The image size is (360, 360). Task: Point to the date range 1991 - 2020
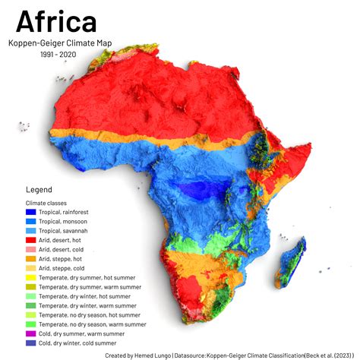[58, 55]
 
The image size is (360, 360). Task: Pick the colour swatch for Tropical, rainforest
[31, 212]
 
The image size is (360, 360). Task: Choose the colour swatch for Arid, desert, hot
[31, 240]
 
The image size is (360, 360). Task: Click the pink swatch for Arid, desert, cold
[31, 249]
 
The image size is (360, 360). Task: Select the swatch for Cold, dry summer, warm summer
[31, 333]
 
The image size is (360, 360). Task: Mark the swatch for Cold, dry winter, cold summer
[31, 343]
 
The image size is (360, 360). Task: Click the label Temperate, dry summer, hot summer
[91, 277]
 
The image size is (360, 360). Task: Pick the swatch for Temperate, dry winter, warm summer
[31, 305]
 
